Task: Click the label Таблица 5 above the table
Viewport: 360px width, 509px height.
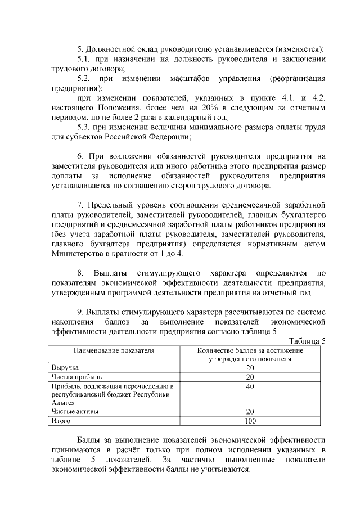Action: [307, 341]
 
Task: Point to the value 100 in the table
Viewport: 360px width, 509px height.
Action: [250, 420]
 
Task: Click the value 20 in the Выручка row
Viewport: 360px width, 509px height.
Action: [250, 367]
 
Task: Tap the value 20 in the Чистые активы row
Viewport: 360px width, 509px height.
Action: [250, 411]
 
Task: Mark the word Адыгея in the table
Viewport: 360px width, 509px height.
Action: [64, 403]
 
